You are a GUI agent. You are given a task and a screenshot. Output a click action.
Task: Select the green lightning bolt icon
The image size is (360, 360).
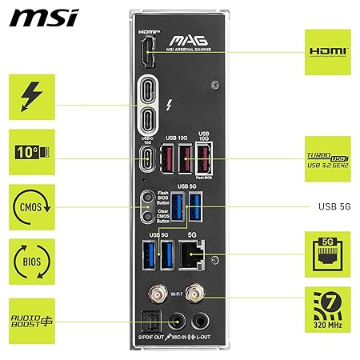[x=31, y=98]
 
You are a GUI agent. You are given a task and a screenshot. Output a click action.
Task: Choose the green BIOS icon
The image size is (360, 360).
[x=31, y=261]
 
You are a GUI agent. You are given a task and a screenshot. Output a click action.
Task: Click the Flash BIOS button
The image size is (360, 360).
[x=146, y=199]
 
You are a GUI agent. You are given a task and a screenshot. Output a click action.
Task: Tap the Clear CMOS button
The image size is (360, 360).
[x=146, y=216]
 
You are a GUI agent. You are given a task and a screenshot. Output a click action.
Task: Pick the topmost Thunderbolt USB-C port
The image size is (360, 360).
[x=149, y=88]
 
